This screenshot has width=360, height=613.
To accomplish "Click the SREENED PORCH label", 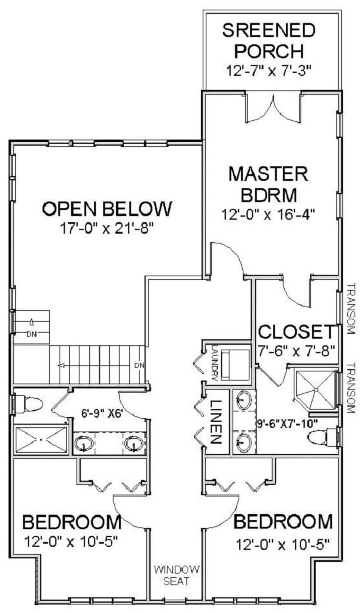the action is pyautogui.click(x=268, y=41).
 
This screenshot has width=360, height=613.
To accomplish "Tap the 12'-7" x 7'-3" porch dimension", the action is pyautogui.click(x=268, y=71).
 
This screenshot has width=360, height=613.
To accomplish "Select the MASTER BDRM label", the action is pyautogui.click(x=268, y=184).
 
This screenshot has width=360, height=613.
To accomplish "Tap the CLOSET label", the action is pyautogui.click(x=297, y=332).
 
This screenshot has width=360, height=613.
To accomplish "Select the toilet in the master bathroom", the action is pyautogui.click(x=322, y=436).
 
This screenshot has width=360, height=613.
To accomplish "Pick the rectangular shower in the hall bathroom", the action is pyautogui.click(x=41, y=439).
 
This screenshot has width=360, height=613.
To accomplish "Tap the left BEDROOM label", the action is pyautogui.click(x=72, y=523).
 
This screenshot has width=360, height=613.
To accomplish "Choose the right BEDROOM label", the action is pyautogui.click(x=283, y=521).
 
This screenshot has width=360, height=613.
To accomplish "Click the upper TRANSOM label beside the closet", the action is pyautogui.click(x=351, y=308).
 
